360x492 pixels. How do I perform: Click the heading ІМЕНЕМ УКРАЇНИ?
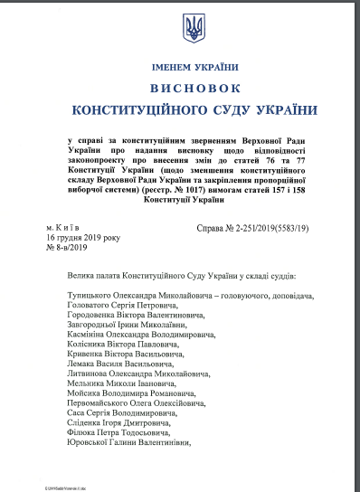click(194, 67)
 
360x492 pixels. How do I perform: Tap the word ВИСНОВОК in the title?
click(194, 89)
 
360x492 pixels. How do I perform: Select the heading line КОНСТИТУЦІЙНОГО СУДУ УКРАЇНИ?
click(194, 110)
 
